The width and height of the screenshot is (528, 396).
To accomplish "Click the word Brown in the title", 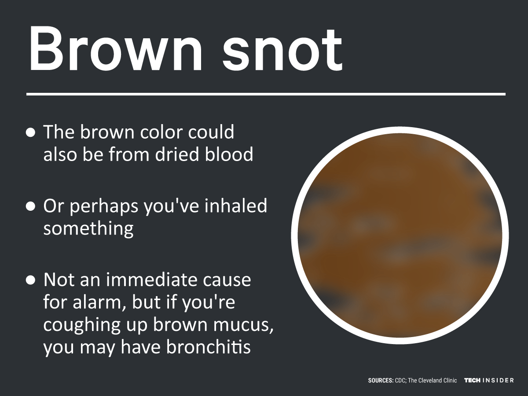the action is point(115,48).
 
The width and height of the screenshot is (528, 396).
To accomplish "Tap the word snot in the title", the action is point(282,50).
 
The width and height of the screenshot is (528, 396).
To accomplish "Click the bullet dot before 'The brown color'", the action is point(30,133).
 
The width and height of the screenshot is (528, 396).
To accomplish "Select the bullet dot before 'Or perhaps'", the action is point(30,206).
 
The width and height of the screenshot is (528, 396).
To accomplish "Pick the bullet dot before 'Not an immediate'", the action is point(30,280).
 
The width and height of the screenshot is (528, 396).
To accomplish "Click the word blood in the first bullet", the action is point(229,154).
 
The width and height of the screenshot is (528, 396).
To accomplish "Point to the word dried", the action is point(177,154).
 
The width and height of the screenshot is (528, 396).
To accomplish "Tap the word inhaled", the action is point(236,205).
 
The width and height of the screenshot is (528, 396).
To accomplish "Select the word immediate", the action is point(151,280).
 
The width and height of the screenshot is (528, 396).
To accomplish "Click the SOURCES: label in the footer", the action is point(381,381).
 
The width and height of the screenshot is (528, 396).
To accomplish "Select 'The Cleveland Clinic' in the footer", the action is point(433,381).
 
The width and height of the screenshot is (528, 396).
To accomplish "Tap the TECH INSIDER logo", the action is point(489,380).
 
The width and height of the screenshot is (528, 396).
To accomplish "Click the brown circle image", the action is point(400,235).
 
